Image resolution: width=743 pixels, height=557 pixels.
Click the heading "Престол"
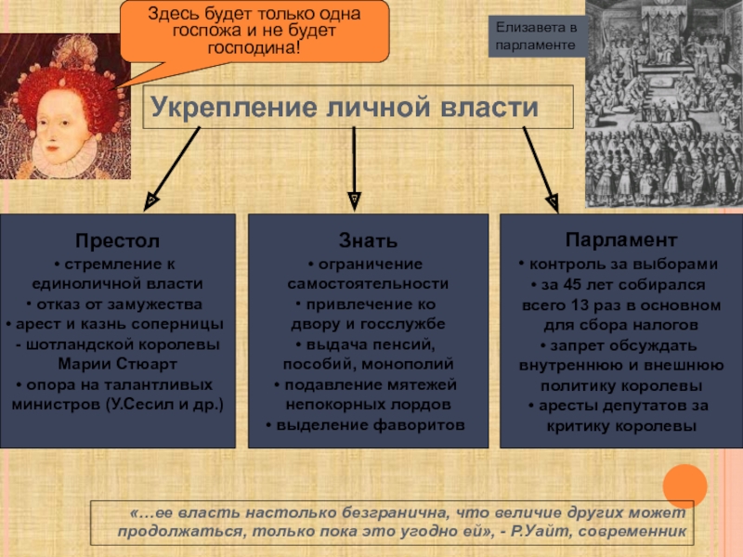[117, 242]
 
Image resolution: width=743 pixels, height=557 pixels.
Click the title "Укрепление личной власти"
[345, 107]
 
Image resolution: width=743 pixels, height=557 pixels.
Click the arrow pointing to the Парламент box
[540, 165]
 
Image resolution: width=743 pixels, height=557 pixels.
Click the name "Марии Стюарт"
[117, 363]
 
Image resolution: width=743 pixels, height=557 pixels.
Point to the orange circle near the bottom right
[685, 486]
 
